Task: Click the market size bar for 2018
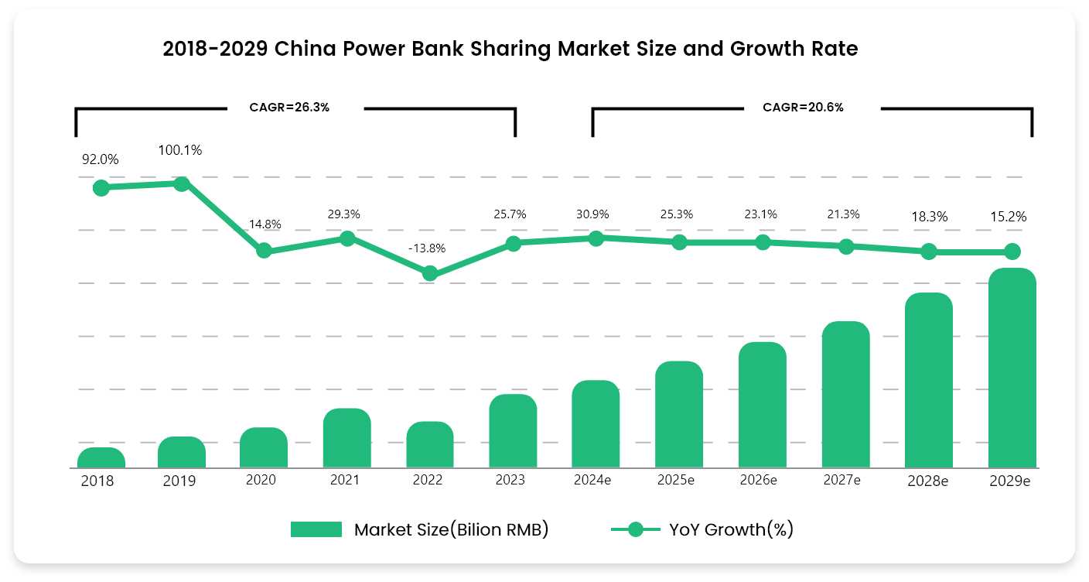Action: click(x=101, y=458)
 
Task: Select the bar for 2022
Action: click(x=430, y=445)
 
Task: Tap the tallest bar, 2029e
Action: click(x=1012, y=368)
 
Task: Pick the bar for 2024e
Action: click(x=596, y=424)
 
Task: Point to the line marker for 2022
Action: click(x=430, y=273)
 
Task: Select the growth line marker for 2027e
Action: click(x=846, y=247)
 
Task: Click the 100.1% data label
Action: click(x=180, y=150)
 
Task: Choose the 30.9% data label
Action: click(x=594, y=214)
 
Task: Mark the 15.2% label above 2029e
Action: click(x=1009, y=217)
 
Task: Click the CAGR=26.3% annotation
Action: click(x=289, y=108)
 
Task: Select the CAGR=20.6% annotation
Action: click(x=803, y=108)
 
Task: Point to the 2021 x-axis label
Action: click(x=344, y=480)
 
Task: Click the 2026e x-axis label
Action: click(x=758, y=480)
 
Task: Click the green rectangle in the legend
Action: click(x=316, y=529)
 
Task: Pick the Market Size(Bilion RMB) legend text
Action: click(x=451, y=529)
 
